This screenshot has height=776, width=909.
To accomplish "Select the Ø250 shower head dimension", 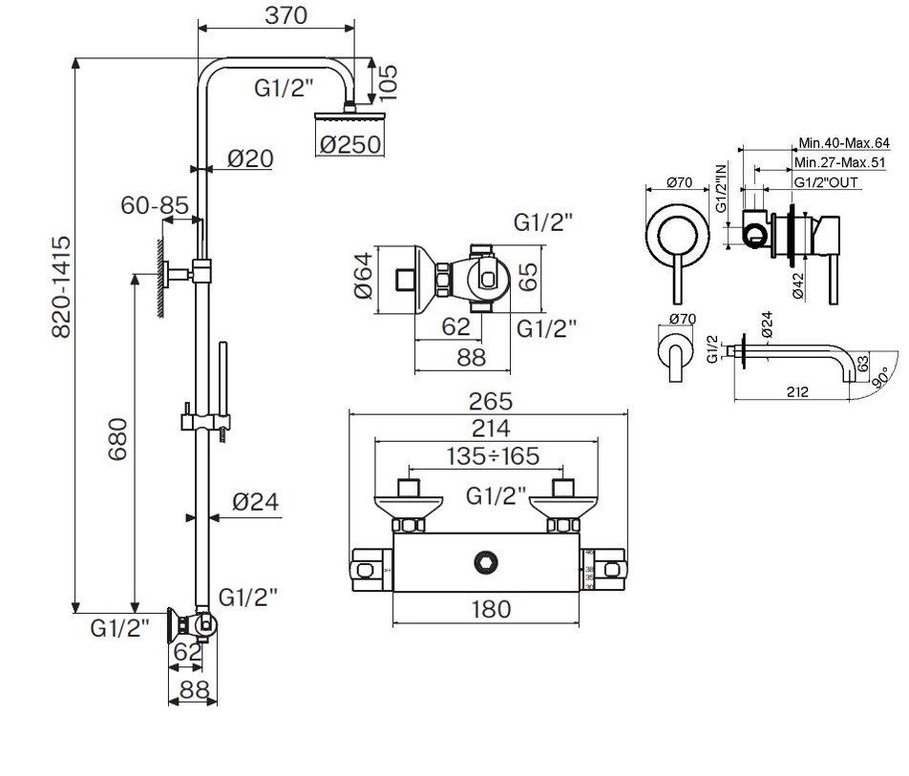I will coord(350,144).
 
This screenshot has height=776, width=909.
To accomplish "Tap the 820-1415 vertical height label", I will coord(59,286).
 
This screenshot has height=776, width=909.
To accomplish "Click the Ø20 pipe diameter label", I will coord(251,158).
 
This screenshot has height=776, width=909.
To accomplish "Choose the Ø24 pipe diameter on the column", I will coord(256,501).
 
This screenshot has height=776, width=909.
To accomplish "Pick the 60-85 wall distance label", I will coord(155,204).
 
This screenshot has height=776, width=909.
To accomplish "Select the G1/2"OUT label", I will coord(827,181).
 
